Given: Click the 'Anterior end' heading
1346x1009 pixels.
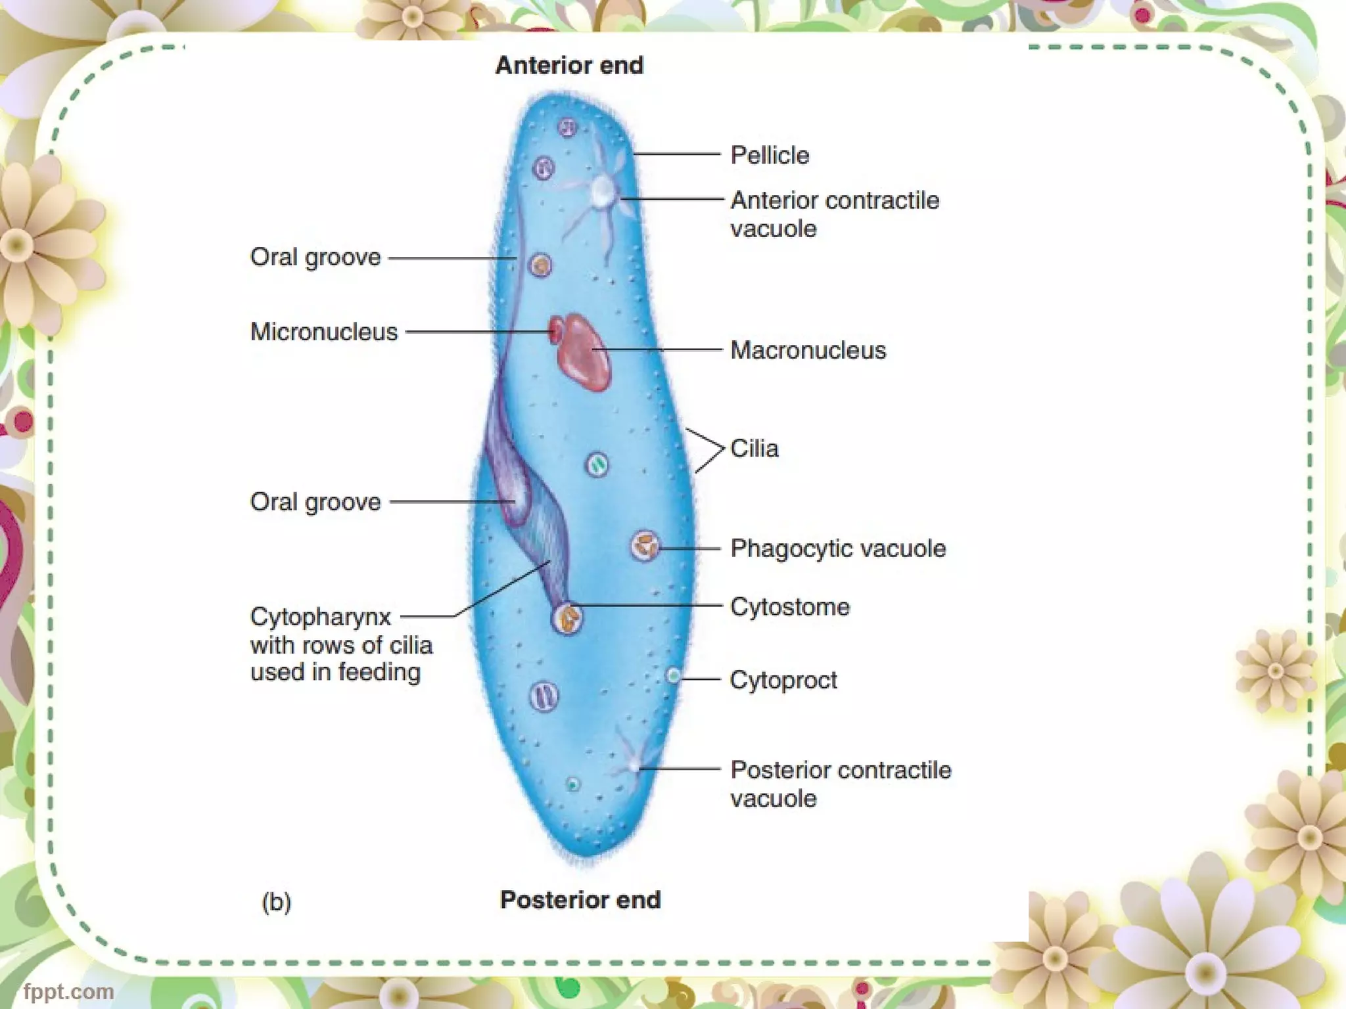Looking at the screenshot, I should coord(569,66).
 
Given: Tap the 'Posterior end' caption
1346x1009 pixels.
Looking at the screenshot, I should coord(580,899).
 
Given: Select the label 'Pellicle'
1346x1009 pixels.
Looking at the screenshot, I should coord(770,156).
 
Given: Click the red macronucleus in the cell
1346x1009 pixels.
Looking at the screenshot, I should coord(584,353).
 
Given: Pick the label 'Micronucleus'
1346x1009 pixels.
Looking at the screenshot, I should coord(324,332).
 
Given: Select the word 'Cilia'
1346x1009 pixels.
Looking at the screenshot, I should coord(754,449).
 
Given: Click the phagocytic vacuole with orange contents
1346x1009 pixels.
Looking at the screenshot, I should coord(645,545).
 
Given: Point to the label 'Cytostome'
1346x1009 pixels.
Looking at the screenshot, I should coord(790,606).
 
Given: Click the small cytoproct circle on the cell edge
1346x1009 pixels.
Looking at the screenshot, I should coord(673,675).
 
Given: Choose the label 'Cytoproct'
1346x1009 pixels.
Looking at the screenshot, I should coord(783,680).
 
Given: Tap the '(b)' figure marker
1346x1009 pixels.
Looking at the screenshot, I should coord(276,901).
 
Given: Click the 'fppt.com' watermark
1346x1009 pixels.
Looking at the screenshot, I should coord(68,991).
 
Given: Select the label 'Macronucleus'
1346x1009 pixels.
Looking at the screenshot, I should coord(808,350).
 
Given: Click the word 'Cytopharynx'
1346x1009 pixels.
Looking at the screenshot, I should coord(321,617).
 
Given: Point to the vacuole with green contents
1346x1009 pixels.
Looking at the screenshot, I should coord(597,465).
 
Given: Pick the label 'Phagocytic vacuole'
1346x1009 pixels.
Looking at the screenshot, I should coord(838,548).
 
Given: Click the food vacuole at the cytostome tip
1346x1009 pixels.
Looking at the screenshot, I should coord(567,618).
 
